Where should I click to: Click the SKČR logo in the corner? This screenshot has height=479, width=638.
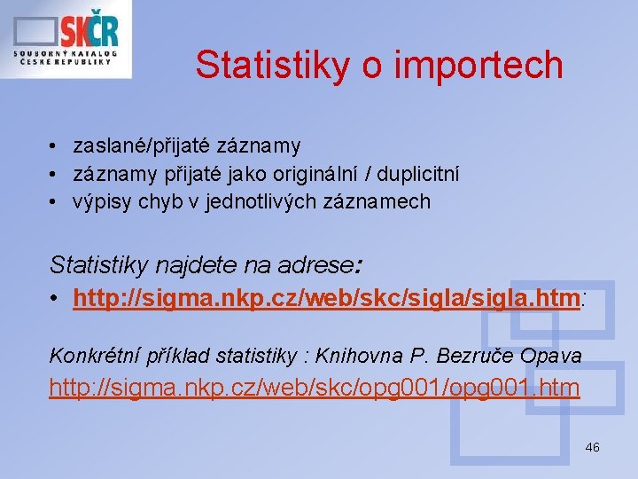click(66, 39)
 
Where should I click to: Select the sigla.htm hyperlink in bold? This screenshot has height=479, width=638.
click(326, 299)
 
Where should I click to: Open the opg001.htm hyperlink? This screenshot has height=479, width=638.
click(315, 388)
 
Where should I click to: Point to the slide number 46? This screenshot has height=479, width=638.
click(592, 447)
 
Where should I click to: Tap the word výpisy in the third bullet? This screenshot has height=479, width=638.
click(99, 201)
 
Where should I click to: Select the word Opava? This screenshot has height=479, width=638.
click(556, 357)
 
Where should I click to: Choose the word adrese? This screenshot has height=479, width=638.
click(321, 263)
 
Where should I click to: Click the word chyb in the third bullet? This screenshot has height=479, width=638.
click(155, 201)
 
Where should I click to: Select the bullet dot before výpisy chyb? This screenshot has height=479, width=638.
click(54, 201)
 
